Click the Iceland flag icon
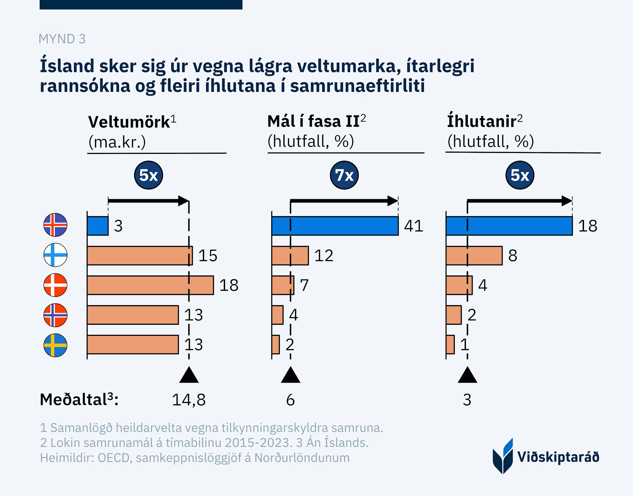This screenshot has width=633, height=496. pos(55,225)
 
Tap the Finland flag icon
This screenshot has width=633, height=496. pos(55,255)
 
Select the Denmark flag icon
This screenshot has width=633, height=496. pos(55,285)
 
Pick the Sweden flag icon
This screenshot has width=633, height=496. pos(55,345)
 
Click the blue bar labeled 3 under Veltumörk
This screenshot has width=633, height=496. pos(98,226)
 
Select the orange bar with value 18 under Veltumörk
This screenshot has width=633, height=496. pos(150,285)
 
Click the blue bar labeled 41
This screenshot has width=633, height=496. pos(335,226)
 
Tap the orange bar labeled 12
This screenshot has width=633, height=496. pos(290,255)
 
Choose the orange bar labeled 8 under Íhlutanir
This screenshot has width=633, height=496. pos(474,255)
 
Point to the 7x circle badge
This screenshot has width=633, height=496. pos(344,175)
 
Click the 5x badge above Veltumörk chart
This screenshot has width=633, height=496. pos(148,175)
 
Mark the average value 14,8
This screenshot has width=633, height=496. pos(189,400)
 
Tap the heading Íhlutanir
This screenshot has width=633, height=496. pos(482,122)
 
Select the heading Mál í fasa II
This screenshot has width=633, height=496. pos(314,122)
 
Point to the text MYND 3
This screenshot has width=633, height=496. pos(62,39)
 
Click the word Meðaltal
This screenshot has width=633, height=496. pos(73,400)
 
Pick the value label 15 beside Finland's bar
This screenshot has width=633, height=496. pos(208,255)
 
